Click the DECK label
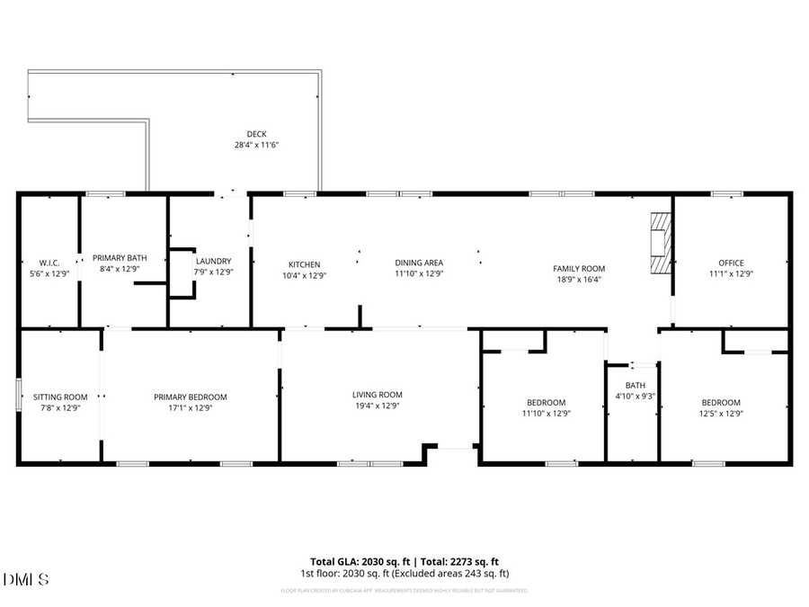pos(256,134)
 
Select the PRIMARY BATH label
pos(120,258)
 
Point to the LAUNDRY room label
pos(213,262)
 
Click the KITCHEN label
pos(304,264)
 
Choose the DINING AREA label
pos(419,263)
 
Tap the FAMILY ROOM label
pos(578,268)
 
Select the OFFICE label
pos(731,263)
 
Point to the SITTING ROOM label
pos(60,397)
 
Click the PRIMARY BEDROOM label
pos(190,397)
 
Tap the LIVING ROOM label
pos(377,394)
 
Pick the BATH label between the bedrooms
pos(635,385)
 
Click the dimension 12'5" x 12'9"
pos(721,414)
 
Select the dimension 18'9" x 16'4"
pos(578,279)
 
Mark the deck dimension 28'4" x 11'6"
pos(256,145)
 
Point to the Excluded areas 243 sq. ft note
pos(459,573)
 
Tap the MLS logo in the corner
pos(26,578)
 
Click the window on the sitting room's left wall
pos(19,396)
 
